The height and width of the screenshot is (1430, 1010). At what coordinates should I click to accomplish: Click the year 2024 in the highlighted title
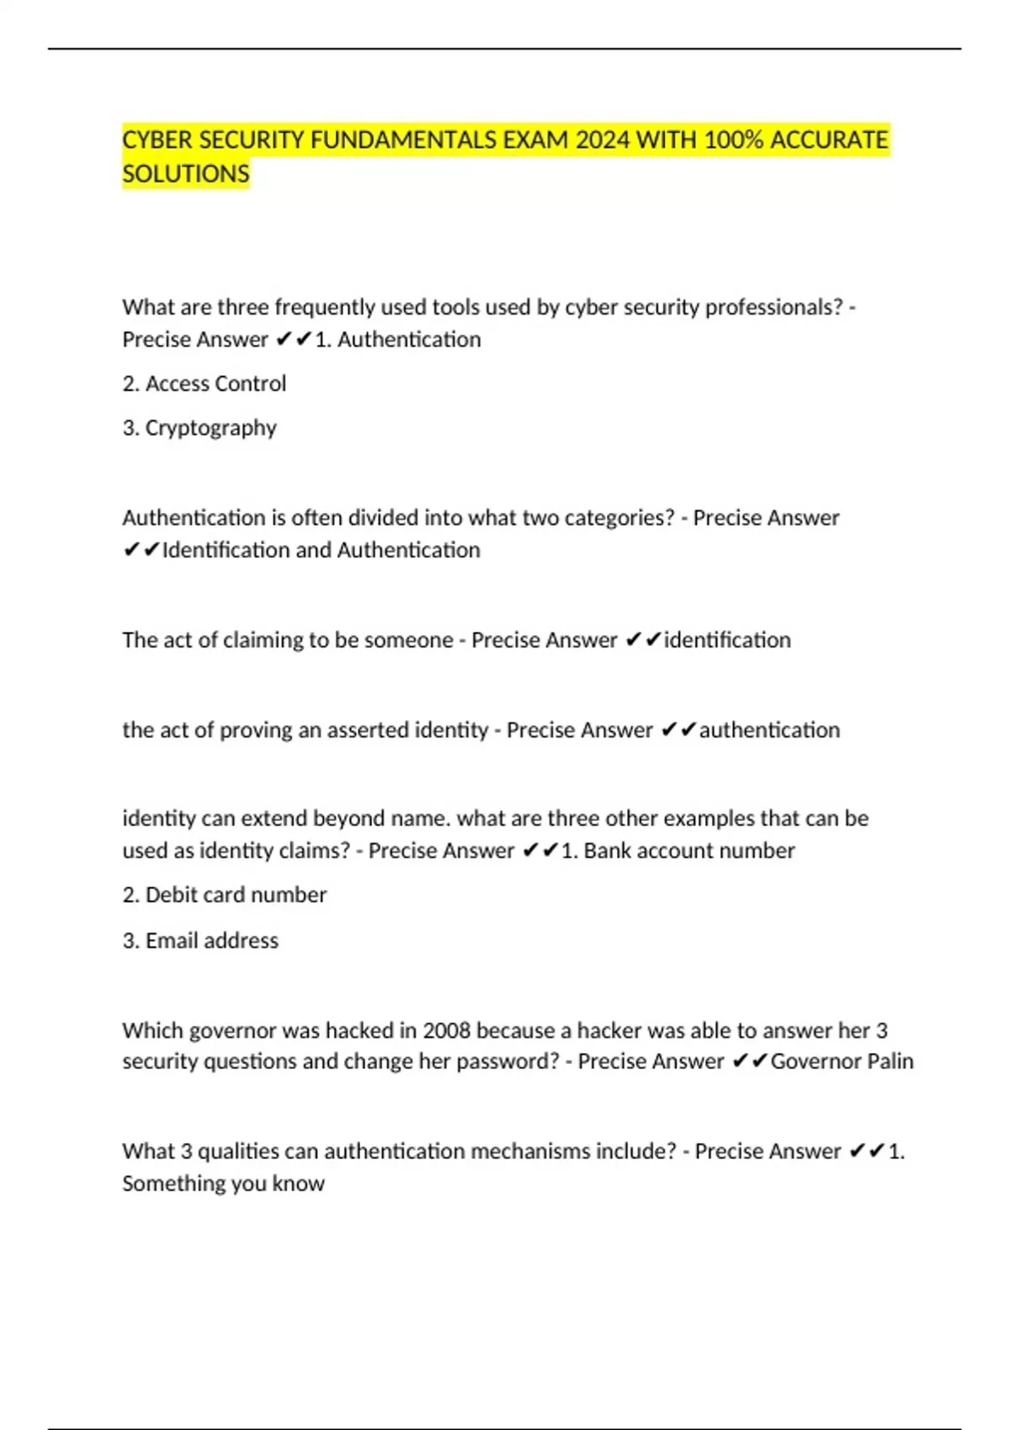coord(602,140)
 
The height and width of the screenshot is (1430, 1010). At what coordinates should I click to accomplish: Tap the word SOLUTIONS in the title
coord(186,174)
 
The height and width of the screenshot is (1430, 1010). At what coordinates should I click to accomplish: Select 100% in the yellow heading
coord(733,140)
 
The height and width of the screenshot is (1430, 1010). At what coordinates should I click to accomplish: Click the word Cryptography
coord(210,428)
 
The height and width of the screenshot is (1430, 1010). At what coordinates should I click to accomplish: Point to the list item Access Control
coord(215,384)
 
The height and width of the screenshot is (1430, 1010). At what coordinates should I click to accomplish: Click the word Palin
coord(890,1062)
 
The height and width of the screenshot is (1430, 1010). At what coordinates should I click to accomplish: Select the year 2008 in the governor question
coord(447,1030)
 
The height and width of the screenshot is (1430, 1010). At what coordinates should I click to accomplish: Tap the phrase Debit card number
coord(236,895)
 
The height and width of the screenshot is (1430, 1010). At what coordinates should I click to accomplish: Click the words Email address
coord(211,940)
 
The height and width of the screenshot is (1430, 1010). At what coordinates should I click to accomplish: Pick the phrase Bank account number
coord(688,850)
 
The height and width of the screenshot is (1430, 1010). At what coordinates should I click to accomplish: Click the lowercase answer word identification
coord(727,640)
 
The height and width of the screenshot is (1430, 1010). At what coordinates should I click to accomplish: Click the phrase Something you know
coord(223,1184)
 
